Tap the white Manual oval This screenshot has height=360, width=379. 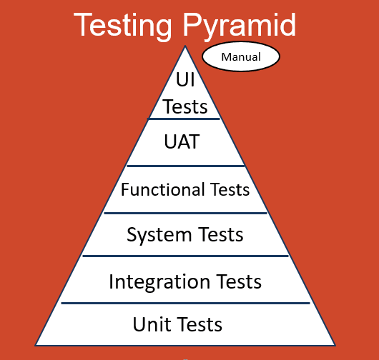[241, 57]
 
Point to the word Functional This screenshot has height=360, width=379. [162, 189]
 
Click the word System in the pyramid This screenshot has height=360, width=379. [159, 234]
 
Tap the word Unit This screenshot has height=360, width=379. [152, 324]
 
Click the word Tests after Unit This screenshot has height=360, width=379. [200, 324]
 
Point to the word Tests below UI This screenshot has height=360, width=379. [185, 106]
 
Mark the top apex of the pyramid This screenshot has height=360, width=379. [185, 47]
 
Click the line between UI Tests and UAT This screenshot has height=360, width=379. [185, 119]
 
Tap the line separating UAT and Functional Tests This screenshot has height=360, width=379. [185, 166]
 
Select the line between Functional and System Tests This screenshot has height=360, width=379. [185, 212]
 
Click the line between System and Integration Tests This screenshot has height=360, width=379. [185, 256]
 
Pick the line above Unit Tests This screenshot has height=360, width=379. [185, 303]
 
